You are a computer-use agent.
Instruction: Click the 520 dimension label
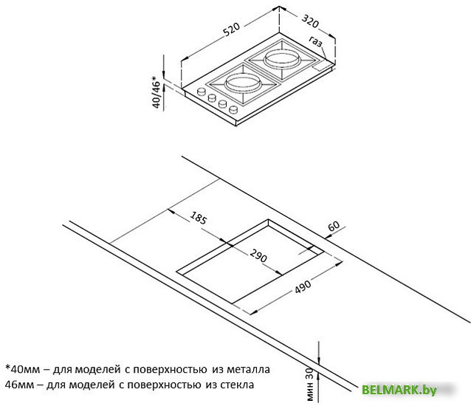232,29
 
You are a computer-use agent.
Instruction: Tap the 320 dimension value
310,21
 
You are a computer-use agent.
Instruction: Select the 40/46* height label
157,92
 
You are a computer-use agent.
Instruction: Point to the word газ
315,42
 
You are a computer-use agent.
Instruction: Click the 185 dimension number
199,218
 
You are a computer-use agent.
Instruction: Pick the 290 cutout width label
258,256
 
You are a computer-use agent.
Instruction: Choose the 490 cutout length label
303,286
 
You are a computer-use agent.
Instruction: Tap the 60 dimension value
334,226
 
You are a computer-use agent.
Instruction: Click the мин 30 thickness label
310,385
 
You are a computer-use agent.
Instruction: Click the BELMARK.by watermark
399,390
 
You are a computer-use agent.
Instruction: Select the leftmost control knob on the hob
201,92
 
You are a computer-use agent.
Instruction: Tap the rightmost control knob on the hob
233,109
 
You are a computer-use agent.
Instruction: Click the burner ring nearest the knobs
242,82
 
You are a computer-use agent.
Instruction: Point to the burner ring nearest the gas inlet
282,58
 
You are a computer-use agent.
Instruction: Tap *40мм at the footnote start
23,369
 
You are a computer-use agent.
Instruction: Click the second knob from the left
212,97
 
